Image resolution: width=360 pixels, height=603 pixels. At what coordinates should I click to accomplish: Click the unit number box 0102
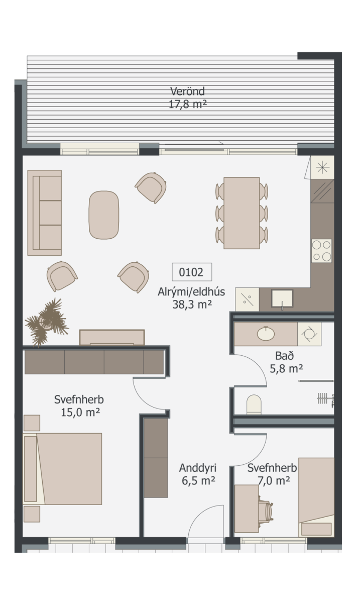[192, 272]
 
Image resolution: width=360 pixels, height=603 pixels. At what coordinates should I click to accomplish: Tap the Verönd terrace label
[188, 91]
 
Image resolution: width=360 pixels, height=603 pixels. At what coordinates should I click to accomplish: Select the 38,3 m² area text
[192, 305]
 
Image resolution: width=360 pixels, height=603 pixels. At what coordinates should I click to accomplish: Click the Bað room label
[284, 356]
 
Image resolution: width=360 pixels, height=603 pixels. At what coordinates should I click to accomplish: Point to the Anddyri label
[198, 468]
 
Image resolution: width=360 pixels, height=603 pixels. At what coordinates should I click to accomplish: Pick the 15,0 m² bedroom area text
[80, 413]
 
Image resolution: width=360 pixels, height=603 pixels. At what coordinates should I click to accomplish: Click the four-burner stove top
[321, 251]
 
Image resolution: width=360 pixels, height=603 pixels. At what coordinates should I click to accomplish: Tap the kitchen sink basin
[282, 298]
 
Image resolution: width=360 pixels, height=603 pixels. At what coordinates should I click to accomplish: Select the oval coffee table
[103, 215]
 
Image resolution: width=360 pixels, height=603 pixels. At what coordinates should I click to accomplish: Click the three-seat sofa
[45, 213]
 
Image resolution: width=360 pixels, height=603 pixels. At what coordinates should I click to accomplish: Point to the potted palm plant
[46, 322]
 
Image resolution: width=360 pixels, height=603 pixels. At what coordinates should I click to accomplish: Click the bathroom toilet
[254, 405]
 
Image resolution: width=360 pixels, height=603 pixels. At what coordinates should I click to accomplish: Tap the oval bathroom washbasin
[266, 334]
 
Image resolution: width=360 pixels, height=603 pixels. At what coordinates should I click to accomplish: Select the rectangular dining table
[242, 213]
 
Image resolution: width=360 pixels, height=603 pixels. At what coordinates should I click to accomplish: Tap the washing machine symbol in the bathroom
[309, 334]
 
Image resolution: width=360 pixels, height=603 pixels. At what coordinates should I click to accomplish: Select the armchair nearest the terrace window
[151, 187]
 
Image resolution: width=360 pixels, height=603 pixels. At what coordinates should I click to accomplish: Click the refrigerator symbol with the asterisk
[322, 168]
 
